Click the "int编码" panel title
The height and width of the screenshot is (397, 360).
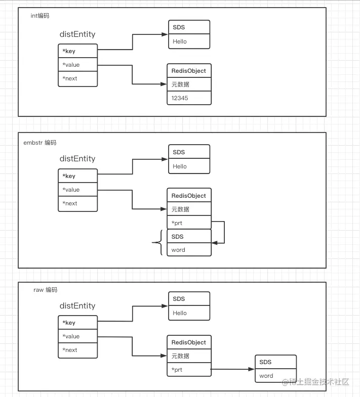click(40, 16)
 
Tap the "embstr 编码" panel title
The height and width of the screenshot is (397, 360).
click(40, 143)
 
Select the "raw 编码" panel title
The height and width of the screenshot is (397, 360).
click(46, 290)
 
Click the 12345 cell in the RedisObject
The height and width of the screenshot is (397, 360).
click(189, 98)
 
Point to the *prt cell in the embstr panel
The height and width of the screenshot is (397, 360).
click(189, 223)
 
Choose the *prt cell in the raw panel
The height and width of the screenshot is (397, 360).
click(189, 370)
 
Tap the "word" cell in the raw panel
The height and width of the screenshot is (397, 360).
click(275, 375)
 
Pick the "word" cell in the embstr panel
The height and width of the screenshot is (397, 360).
click(189, 250)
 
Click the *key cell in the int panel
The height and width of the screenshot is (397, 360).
click(78, 51)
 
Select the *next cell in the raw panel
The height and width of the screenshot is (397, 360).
click(78, 350)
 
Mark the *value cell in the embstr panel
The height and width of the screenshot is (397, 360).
click(78, 189)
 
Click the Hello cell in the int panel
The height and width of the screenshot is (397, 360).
click(189, 41)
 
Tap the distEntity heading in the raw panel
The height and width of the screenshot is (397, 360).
click(77, 306)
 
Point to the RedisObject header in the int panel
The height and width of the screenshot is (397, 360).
click(189, 71)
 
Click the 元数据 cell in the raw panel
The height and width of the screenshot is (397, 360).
click(189, 356)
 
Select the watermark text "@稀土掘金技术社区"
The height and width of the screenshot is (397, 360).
click(315, 382)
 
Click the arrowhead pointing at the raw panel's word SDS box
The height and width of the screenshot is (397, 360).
click(251, 369)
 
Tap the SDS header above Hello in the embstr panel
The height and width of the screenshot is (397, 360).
click(189, 152)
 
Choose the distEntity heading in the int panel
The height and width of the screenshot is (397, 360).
click(77, 34)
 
